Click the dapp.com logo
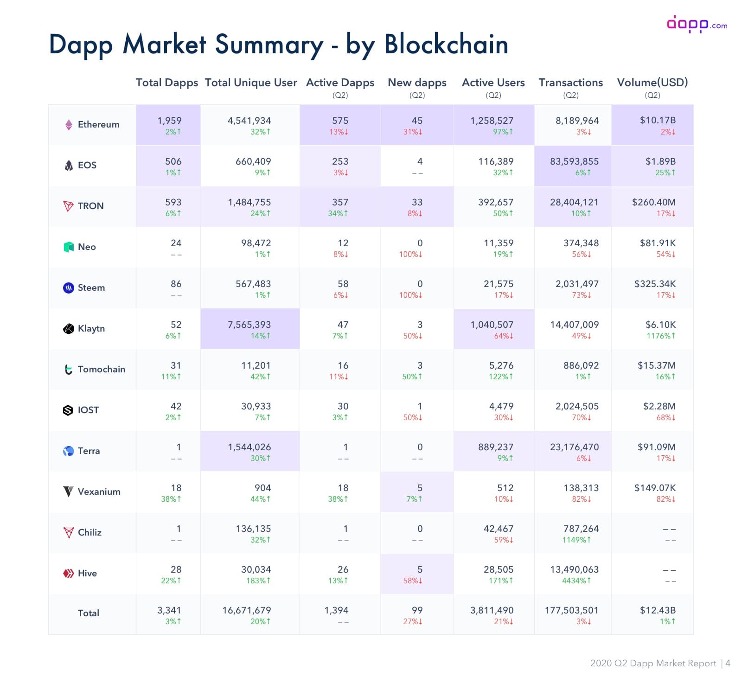point(697,24)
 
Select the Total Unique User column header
point(250,83)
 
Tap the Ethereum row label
point(98,124)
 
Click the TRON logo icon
point(68,206)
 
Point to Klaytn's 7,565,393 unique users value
point(249,325)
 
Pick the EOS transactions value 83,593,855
point(574,161)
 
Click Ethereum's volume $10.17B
point(658,120)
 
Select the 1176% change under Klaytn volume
point(661,336)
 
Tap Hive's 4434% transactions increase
point(576,581)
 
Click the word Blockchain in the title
point(446,45)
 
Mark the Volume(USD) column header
point(652,83)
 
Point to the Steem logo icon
point(68,287)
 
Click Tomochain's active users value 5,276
point(501,365)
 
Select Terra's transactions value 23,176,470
point(574,447)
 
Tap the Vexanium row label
point(99,492)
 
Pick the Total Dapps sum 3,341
point(169,610)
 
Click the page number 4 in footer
point(728,663)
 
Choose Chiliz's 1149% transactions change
point(576,540)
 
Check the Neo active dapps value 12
point(343,243)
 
